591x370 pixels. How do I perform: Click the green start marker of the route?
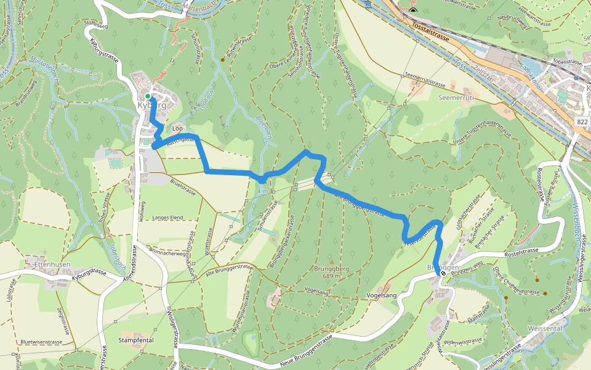click(148, 96)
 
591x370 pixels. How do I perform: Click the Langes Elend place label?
click(168, 218)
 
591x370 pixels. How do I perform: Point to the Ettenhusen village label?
click(52, 264)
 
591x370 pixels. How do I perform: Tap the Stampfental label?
click(135, 340)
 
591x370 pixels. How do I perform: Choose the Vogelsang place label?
click(381, 295)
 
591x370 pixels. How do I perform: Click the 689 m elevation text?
click(332, 277)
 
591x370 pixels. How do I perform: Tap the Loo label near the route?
click(178, 128)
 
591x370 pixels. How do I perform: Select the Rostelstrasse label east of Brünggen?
click(512, 250)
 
